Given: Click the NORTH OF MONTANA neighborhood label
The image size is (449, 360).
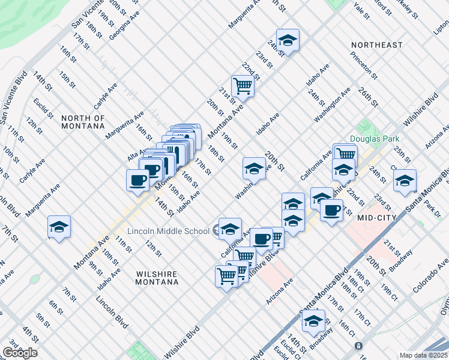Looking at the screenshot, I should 83,122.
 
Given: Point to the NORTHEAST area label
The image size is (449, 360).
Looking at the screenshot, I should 376,45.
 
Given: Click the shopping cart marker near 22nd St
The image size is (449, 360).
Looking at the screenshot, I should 243,85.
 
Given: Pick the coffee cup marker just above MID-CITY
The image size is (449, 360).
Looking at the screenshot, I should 331,210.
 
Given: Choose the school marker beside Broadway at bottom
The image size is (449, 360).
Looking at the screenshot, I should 313,322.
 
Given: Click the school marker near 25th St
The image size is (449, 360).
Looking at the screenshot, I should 405,180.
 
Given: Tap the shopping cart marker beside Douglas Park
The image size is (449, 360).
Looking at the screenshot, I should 345,153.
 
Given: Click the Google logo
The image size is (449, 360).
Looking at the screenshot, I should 19,353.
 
